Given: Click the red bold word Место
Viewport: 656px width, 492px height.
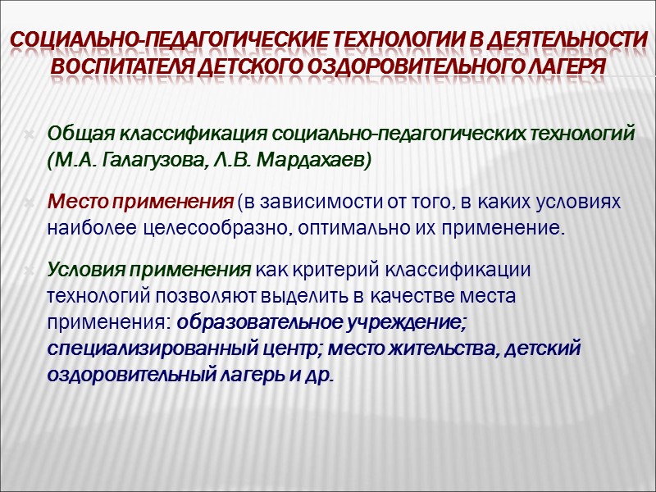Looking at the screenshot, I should tap(75, 201).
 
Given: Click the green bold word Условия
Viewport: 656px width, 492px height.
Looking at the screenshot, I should tap(84, 269).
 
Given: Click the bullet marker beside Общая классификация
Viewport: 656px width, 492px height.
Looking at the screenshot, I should tap(30, 134).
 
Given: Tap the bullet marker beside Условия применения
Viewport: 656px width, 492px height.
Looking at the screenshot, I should tap(30, 270).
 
